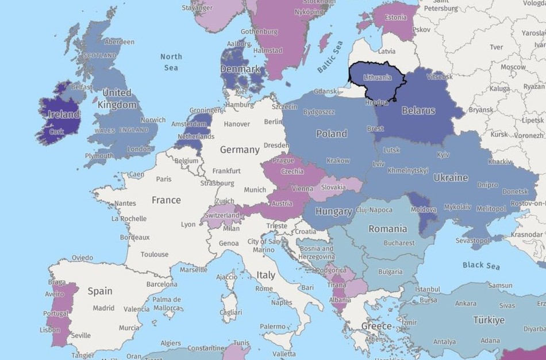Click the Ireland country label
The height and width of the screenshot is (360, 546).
(x=64, y=114)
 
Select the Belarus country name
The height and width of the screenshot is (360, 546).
(x=418, y=110)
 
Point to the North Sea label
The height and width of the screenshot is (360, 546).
(x=171, y=62)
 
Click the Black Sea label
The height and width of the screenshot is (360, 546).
(x=480, y=265)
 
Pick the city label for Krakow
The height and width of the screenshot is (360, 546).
(x=337, y=160)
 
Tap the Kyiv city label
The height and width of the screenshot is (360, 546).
(x=443, y=155)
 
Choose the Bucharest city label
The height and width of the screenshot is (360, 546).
(x=399, y=243)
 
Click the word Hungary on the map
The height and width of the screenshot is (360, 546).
(x=333, y=211)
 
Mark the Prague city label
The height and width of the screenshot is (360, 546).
(x=283, y=160)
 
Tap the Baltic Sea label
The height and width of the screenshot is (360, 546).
(x=330, y=56)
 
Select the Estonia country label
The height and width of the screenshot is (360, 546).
(x=395, y=17)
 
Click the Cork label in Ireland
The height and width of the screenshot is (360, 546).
(x=56, y=131)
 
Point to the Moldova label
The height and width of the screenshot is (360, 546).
(x=424, y=210)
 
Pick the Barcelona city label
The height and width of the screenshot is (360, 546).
(x=162, y=284)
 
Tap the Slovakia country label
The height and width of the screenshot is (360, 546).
(x=333, y=187)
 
